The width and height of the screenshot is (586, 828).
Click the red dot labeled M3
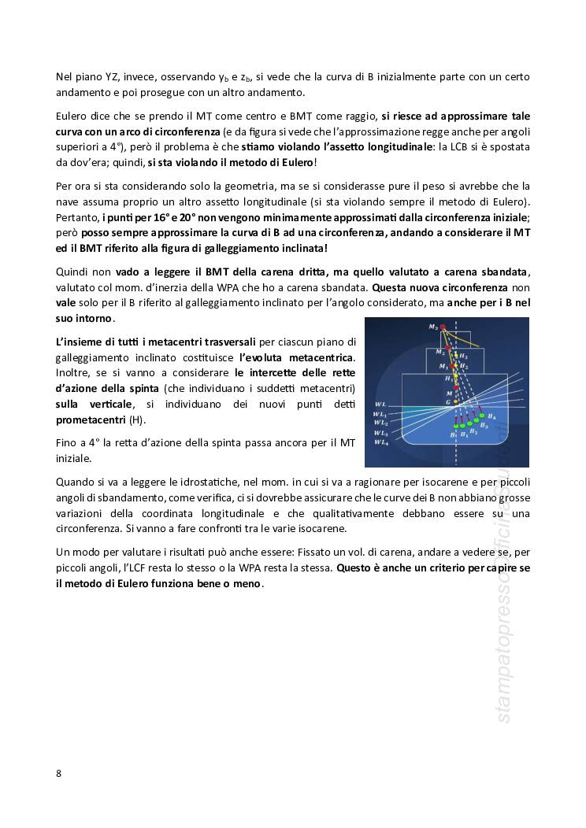[x=443, y=327]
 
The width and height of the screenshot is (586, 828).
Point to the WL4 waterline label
[x=381, y=443]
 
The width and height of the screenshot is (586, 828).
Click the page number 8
[x=59, y=773]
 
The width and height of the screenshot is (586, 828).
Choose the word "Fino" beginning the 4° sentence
[x=67, y=443]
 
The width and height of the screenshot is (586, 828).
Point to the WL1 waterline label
[x=381, y=414]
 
